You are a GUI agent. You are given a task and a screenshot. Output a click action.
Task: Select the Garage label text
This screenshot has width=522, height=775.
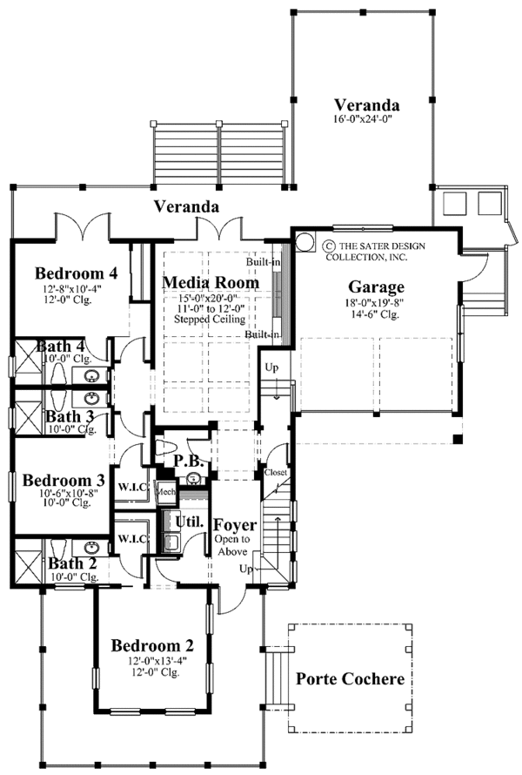(378, 286)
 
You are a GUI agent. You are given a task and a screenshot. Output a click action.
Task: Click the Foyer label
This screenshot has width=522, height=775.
(236, 525)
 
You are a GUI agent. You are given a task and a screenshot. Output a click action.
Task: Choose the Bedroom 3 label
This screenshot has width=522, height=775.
(64, 480)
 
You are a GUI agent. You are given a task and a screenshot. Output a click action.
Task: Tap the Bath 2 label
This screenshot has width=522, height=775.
(72, 563)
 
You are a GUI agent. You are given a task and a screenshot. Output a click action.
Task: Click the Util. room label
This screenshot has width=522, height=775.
(190, 522)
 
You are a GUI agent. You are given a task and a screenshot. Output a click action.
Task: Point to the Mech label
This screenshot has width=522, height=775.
(166, 492)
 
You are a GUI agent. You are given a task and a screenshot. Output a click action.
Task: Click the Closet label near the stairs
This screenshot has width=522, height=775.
(276, 472)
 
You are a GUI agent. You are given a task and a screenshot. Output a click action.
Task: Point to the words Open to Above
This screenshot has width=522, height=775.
(233, 546)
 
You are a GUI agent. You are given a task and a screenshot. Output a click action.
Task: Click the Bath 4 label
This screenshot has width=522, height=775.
(59, 347)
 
